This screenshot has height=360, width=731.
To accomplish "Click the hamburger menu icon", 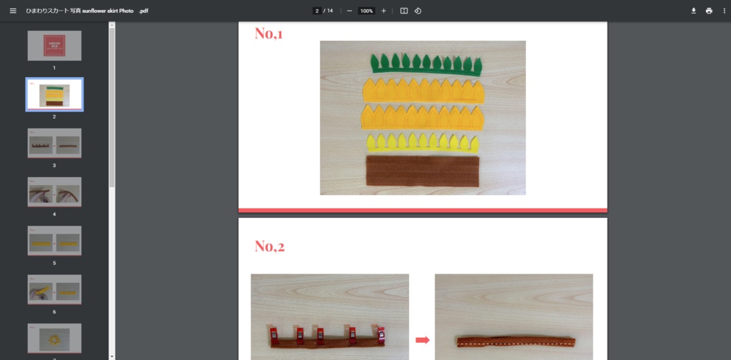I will (x=12, y=11).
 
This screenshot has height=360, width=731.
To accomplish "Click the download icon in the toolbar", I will (x=693, y=11).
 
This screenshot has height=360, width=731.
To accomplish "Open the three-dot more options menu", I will (x=724, y=11).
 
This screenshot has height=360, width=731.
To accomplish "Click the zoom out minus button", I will (x=349, y=11).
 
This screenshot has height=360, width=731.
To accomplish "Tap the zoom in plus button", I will (x=383, y=11).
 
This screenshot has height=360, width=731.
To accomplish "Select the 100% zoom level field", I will (x=366, y=11).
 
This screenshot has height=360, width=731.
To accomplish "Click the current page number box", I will (x=316, y=11).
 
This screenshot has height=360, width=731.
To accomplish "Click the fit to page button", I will (x=403, y=11).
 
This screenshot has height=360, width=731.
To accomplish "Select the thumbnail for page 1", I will (x=54, y=46).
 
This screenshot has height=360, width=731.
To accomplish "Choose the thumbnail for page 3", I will (x=54, y=143).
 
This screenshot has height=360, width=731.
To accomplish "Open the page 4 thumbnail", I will (x=54, y=191).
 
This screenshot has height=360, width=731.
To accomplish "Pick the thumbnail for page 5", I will (x=54, y=241).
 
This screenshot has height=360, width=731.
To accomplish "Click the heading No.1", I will (x=269, y=33).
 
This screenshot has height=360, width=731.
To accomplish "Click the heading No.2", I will (x=270, y=246).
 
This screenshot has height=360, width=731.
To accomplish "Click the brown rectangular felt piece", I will (x=422, y=171).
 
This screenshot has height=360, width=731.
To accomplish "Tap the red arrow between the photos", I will (x=422, y=339).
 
